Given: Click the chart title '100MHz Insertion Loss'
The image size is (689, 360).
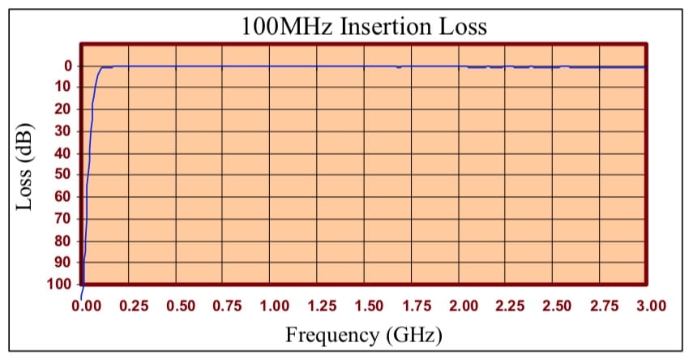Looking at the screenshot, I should coord(364,26).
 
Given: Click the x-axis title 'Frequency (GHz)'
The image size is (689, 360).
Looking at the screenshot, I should coord(364,333).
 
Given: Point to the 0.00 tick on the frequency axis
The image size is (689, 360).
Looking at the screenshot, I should coord(86,306).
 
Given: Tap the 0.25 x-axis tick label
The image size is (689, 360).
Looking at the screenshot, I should coord(134,306).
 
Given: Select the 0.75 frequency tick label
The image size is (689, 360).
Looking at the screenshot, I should coord(228,306).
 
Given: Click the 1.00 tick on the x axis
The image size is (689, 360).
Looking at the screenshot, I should coord(275,306).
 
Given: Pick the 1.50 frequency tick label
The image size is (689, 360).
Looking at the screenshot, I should coord(370,306).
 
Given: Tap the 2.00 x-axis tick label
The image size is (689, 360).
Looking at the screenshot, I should coord(464,306).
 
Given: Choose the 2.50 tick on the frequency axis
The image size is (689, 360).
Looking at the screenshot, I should coord(558,306).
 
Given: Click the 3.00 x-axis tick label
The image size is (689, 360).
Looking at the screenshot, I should coord(651,306).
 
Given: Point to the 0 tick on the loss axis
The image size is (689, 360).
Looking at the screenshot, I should coord(68,66).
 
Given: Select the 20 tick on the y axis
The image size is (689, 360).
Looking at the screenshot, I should coord(64,109).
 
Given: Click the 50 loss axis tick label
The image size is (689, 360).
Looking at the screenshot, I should coord(64,175).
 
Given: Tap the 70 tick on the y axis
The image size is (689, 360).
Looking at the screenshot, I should coord(64,219).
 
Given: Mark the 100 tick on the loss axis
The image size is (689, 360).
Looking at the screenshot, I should coord(61,285).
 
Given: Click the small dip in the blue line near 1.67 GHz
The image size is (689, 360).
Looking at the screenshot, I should coord(398,67).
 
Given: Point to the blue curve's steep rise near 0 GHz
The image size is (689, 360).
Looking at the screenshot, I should coord(88,162).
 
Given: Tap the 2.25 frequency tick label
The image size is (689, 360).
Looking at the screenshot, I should coord(511,306).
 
